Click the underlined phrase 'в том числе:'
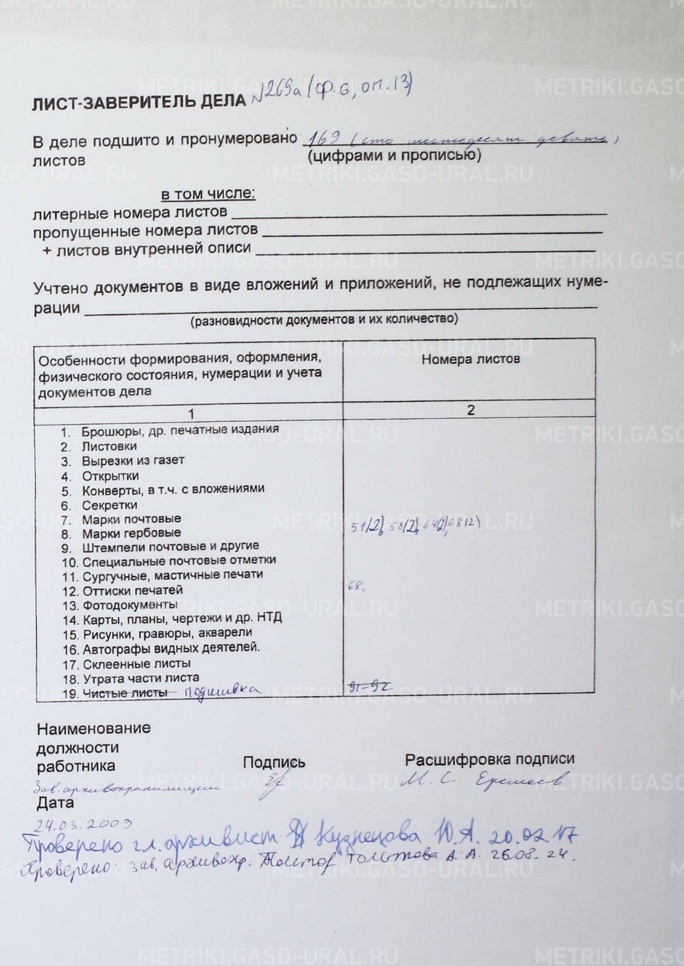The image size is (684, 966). (208, 194)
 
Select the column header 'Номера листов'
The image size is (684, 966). (470, 359)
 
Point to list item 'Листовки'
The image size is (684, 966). (109, 446)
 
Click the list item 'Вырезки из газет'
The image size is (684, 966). (133, 461)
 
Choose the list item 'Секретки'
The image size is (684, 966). (109, 505)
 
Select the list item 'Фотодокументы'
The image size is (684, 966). (130, 605)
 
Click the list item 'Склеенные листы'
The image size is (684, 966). (137, 664)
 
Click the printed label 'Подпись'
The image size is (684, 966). (274, 763)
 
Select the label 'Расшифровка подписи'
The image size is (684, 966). (489, 760)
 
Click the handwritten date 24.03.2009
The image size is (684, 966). (83, 824)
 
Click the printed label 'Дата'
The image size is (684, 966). (55, 803)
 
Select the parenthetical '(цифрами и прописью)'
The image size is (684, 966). (394, 156)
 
